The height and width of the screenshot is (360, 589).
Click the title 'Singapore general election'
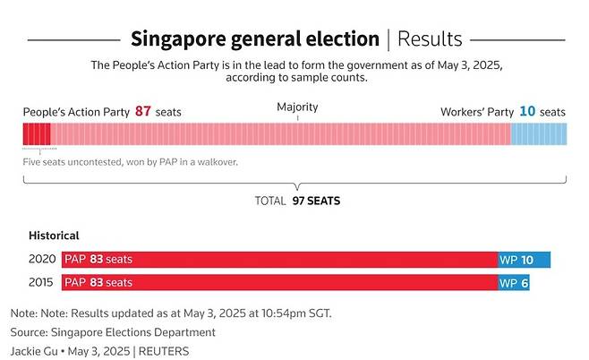click(255, 39)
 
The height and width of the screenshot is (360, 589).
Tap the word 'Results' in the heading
click(430, 39)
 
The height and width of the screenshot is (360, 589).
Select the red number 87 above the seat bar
click(143, 112)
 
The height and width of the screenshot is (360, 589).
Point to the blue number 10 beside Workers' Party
click(527, 112)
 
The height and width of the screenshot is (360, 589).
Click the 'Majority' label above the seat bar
click(297, 107)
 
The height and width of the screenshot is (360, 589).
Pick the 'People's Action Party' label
click(76, 112)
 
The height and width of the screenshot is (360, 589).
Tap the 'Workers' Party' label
click(476, 112)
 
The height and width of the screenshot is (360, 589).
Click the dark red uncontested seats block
click(37, 134)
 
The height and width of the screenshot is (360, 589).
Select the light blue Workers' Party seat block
click(538, 134)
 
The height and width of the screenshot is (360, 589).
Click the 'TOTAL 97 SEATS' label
click(297, 201)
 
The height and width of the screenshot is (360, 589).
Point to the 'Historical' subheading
click(54, 236)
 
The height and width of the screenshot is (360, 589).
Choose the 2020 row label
click(41, 260)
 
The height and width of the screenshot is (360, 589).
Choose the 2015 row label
click(41, 283)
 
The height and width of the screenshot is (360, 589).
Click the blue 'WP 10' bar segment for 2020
click(525, 260)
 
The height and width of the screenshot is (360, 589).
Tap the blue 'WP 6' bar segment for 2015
click(514, 283)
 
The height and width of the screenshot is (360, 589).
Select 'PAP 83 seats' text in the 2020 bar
click(98, 260)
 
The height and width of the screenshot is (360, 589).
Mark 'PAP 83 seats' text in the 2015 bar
click(98, 283)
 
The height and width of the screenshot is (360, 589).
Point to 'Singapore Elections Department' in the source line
click(138, 332)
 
